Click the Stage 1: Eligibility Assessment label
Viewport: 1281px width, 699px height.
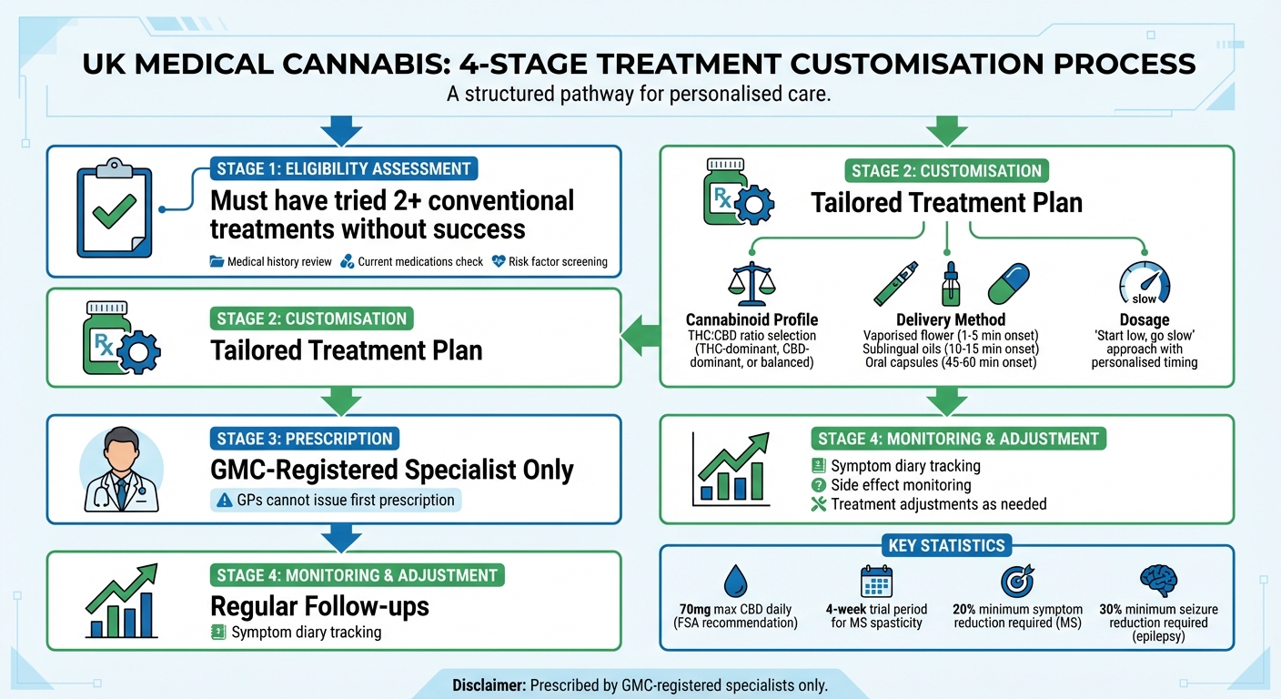tap(344, 168)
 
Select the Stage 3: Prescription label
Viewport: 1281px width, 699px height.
tap(305, 438)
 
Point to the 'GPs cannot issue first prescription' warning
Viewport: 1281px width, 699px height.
tap(336, 500)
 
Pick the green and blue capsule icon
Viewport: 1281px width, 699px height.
tap(1008, 283)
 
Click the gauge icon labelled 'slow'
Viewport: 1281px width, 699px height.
tap(1144, 283)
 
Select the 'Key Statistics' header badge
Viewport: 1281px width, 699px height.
tap(946, 546)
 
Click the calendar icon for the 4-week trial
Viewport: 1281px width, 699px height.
tap(876, 581)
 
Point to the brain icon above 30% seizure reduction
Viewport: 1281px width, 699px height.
tap(1158, 580)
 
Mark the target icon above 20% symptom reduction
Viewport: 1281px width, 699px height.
tap(1016, 581)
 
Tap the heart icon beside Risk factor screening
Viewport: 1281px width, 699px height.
tap(498, 261)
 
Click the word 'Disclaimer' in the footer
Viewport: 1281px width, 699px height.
tap(489, 684)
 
